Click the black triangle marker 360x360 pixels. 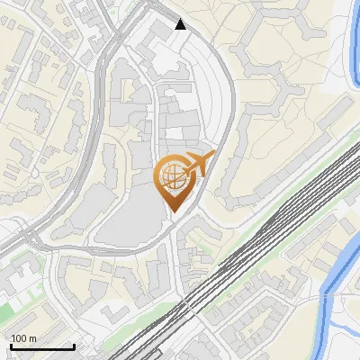(x=181, y=24)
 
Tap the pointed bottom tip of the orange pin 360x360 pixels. (x=173, y=212)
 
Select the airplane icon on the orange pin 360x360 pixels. (x=196, y=165)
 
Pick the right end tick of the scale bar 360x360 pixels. (x=73, y=346)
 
